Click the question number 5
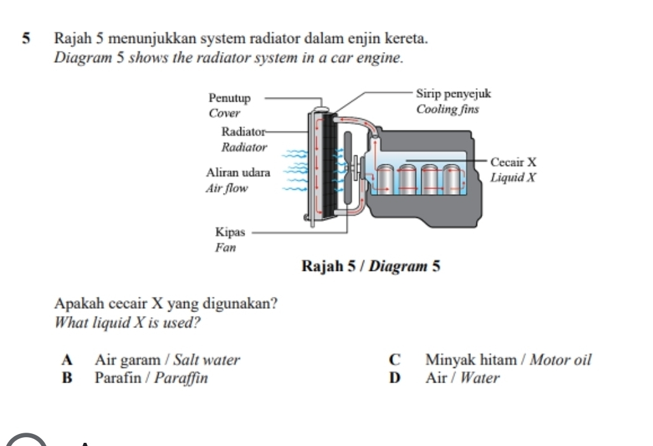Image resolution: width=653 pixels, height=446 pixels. pos(27,39)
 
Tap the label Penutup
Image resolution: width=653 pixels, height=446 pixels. pos(230,98)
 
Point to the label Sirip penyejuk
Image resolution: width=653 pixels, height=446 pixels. pos(453,94)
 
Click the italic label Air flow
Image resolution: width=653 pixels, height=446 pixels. pos(227,188)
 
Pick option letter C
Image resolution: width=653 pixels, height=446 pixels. pos(395,360)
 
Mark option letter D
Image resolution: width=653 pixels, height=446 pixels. pos(395,379)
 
